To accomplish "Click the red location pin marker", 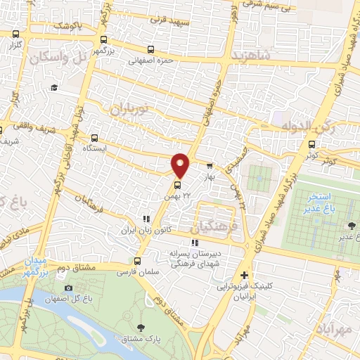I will [x=181, y=165].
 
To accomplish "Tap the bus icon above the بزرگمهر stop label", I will [x=103, y=40].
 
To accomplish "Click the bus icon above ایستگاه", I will [x=95, y=138].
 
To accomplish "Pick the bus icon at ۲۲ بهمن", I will [x=176, y=186].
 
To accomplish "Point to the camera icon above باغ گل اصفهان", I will [x=68, y=287].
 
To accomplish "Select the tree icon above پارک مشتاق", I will [x=141, y=327].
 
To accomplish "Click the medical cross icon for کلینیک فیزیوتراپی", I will [x=244, y=275].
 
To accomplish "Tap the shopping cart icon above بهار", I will [x=210, y=166].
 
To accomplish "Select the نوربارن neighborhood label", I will [x=131, y=109].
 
